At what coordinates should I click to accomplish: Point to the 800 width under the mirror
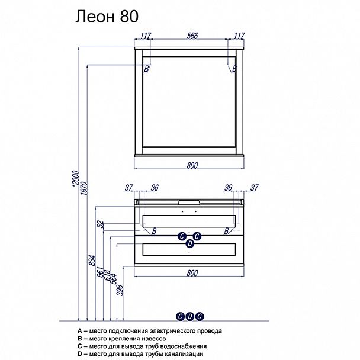192,165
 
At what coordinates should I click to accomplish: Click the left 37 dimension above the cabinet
129,188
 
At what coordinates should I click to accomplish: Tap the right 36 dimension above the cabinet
228,188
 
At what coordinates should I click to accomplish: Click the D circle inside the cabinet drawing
190,243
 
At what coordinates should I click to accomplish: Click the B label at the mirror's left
147,69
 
